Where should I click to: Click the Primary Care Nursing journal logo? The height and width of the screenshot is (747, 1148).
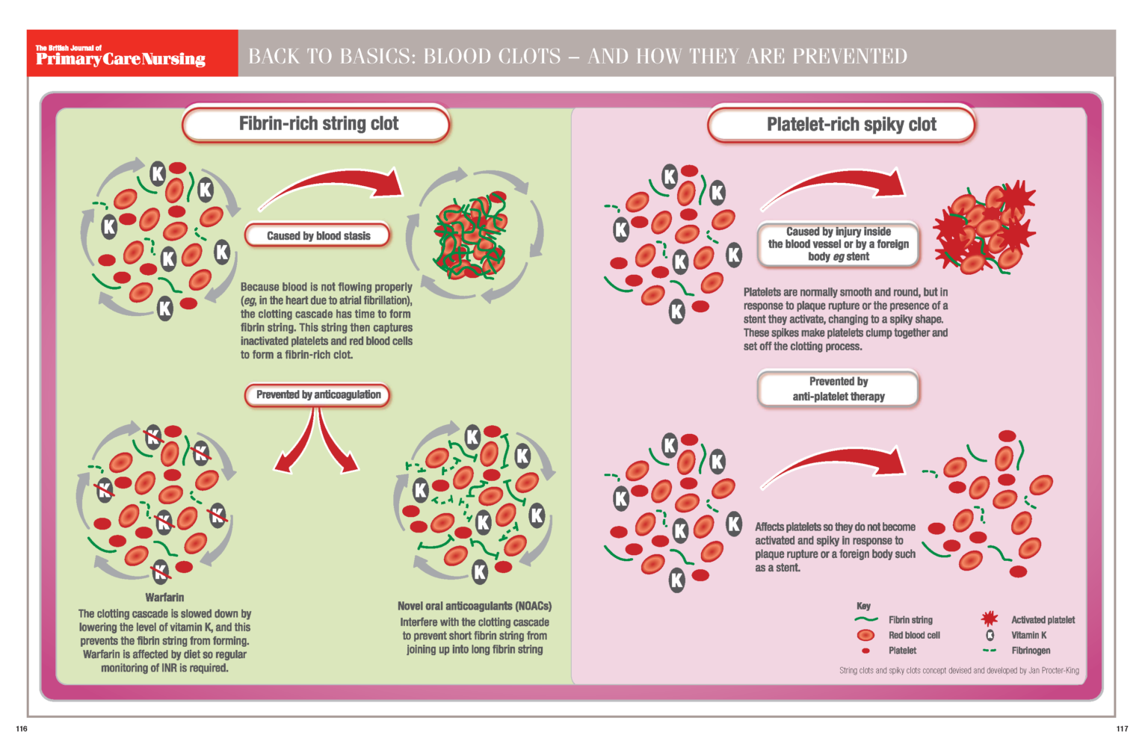(120, 55)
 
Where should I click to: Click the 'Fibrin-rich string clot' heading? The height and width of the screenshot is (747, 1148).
(318, 124)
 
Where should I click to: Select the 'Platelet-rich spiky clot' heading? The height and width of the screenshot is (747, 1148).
(851, 125)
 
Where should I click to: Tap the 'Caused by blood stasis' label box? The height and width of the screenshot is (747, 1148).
(318, 236)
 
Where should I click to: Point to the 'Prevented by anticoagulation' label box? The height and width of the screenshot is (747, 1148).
(318, 394)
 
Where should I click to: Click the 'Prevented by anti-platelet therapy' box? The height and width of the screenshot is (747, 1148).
(838, 389)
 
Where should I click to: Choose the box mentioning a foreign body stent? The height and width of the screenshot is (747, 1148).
(838, 244)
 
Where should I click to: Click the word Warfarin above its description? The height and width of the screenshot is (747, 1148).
(164, 598)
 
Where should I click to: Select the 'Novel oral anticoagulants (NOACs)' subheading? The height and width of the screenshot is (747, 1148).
(475, 606)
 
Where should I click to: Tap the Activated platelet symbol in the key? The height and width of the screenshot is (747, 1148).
(990, 619)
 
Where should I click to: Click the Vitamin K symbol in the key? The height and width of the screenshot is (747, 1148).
(990, 635)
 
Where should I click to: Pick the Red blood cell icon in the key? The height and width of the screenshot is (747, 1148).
(865, 635)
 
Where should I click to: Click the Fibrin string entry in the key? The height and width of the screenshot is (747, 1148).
(910, 620)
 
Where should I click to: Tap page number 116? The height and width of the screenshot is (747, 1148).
(21, 728)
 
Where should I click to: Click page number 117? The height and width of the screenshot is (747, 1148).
(1122, 728)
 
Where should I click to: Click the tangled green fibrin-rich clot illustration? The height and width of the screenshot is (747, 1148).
(471, 238)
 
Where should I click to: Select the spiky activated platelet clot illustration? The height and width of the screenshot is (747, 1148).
(983, 228)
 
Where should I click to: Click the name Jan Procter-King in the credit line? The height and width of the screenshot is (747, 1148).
(1053, 671)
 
